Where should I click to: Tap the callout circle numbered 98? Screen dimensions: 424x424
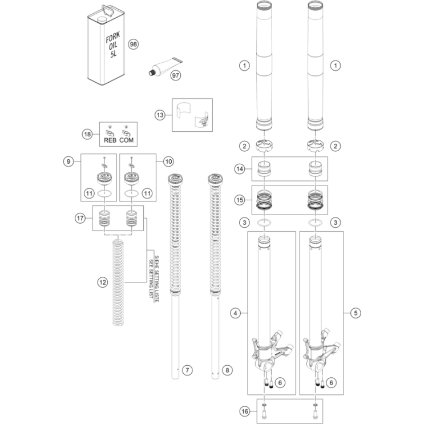[134, 44]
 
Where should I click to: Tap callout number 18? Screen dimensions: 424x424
[87, 134]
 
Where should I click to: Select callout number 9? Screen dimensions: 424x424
[68, 161]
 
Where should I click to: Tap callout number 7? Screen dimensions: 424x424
[188, 370]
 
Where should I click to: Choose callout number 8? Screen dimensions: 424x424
[228, 370]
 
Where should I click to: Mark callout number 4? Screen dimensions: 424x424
[235, 313]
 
